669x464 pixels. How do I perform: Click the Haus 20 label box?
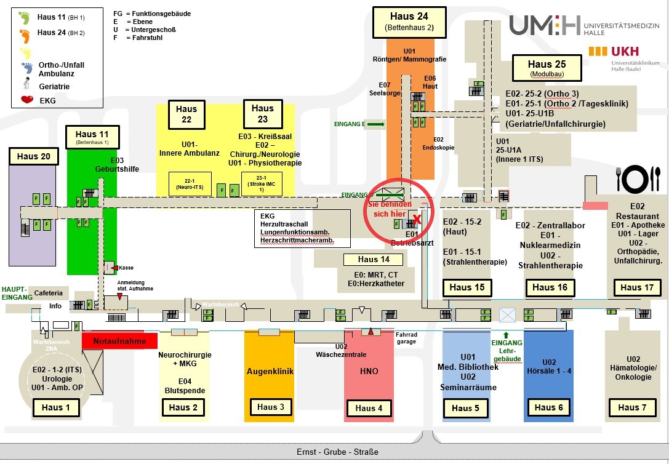34,156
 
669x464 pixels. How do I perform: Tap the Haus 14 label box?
373,260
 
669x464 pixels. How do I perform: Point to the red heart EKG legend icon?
27,100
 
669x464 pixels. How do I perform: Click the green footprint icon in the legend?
25,16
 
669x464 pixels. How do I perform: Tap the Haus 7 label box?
628,407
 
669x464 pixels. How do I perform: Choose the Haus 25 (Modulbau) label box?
547,68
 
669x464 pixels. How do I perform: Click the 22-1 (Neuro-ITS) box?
190,183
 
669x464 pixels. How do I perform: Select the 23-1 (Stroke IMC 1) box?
262,183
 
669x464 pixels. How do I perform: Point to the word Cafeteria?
49,294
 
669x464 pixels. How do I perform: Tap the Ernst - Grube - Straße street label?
337,452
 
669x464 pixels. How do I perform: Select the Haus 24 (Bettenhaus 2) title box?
409,21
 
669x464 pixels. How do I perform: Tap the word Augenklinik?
270,371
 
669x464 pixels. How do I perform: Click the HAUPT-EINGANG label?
14,293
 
